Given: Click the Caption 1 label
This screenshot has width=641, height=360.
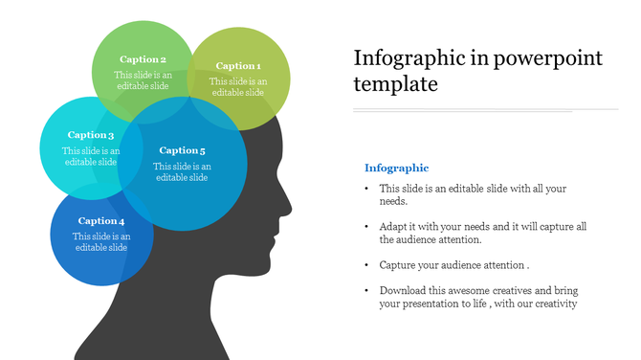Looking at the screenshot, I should click(x=237, y=66).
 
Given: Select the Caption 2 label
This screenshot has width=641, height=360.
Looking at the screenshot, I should click(x=143, y=59).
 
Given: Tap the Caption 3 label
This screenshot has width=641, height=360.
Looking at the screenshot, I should click(x=91, y=135).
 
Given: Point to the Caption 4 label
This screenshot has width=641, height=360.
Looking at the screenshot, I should click(x=101, y=221).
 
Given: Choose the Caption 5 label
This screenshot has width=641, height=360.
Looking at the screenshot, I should click(x=182, y=150).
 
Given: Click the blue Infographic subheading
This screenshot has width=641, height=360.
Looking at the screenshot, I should click(x=396, y=168).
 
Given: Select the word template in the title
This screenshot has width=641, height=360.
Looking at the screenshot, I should click(x=395, y=84).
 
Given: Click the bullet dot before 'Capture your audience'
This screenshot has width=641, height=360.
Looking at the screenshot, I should click(x=366, y=264).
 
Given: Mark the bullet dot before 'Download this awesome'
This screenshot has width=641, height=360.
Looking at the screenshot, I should click(x=366, y=290).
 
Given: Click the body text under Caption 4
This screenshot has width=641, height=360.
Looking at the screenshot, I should click(x=101, y=241).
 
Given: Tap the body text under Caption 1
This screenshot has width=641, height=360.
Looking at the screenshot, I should click(x=238, y=87).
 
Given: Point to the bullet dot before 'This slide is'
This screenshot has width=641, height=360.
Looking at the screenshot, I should click(x=366, y=189).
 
